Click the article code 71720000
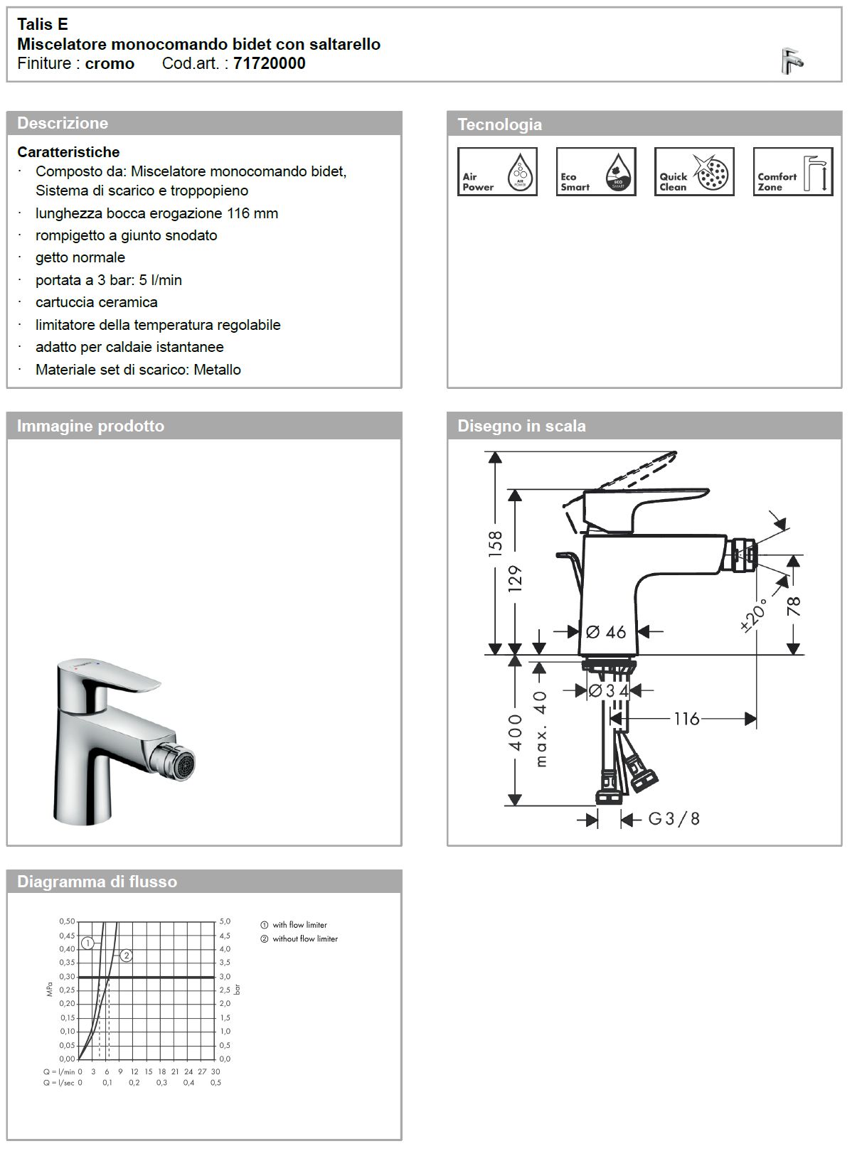pos(269,63)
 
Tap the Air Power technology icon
pos(496,171)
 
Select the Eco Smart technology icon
pos(595,171)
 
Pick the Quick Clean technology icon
pos(693,171)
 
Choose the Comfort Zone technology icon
pos(792,171)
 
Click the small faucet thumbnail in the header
pos(791,61)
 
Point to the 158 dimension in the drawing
pos(496,542)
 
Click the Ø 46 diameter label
pos(606,631)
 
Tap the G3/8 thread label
pos(674,819)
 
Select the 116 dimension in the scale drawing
pos(686,719)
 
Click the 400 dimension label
pos(516,732)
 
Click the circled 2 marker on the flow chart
pos(127,956)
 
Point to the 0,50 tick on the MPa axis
pos(67,921)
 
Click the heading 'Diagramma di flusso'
pos(97,882)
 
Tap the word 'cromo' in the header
pos(110,63)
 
